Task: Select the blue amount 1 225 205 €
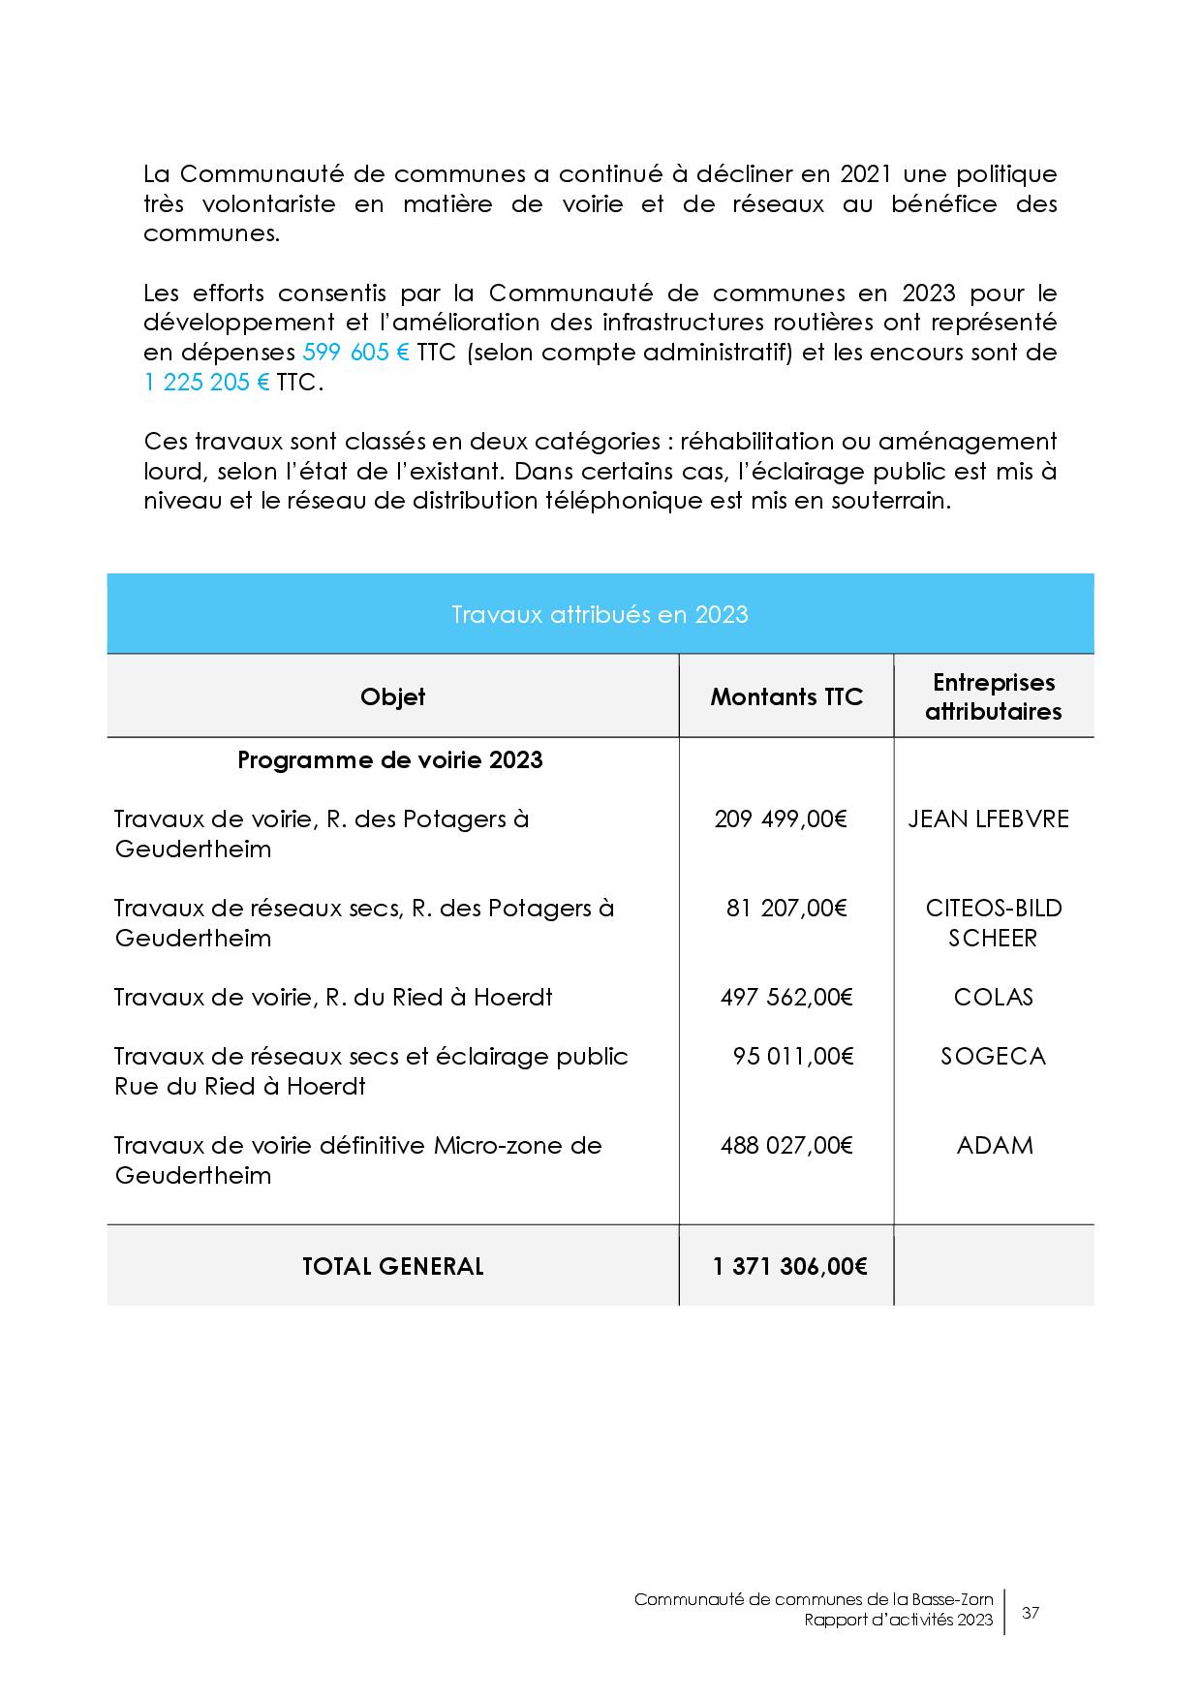(x=206, y=383)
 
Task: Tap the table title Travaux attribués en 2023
(x=600, y=615)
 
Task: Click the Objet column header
(x=392, y=697)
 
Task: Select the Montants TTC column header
(x=786, y=697)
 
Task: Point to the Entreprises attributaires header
(x=993, y=697)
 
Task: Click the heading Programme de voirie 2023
(x=390, y=760)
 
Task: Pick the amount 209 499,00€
(x=781, y=819)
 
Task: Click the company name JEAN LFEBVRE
(x=988, y=819)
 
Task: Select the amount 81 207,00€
(x=786, y=909)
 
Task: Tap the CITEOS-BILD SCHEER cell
(x=993, y=923)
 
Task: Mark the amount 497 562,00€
(x=786, y=998)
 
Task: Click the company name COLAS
(x=993, y=998)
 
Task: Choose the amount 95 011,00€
(x=793, y=1057)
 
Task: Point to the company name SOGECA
(x=993, y=1057)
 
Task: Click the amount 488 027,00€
(x=786, y=1146)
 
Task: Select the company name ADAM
(x=995, y=1146)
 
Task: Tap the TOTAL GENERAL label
(x=392, y=1266)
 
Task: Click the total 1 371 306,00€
(x=789, y=1266)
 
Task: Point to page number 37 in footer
(x=1031, y=1613)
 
